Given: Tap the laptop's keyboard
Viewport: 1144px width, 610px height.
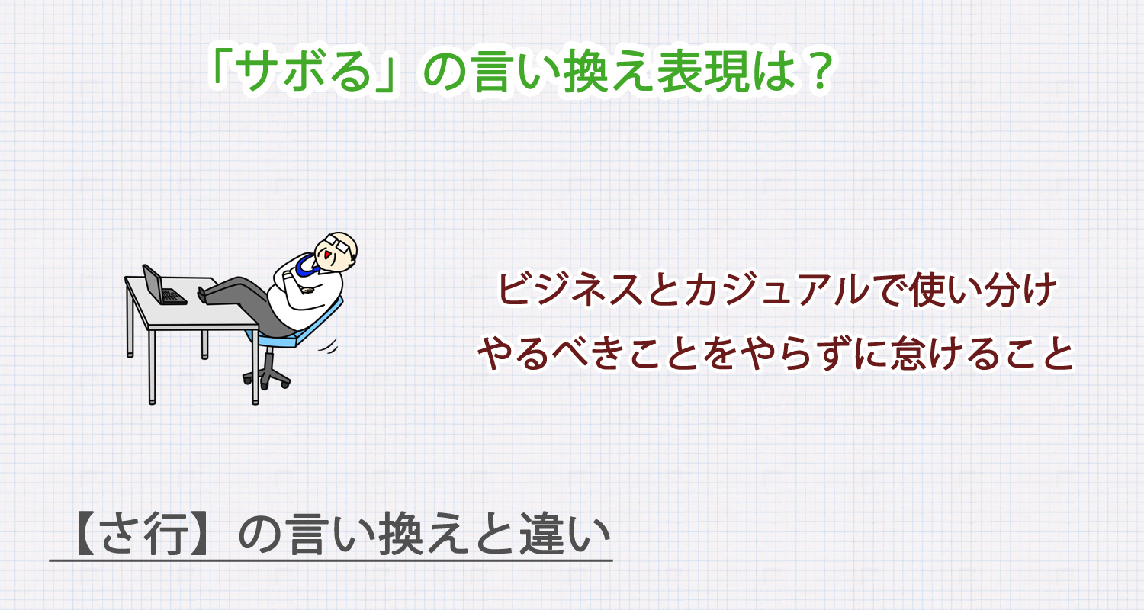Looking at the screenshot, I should [174, 297].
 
